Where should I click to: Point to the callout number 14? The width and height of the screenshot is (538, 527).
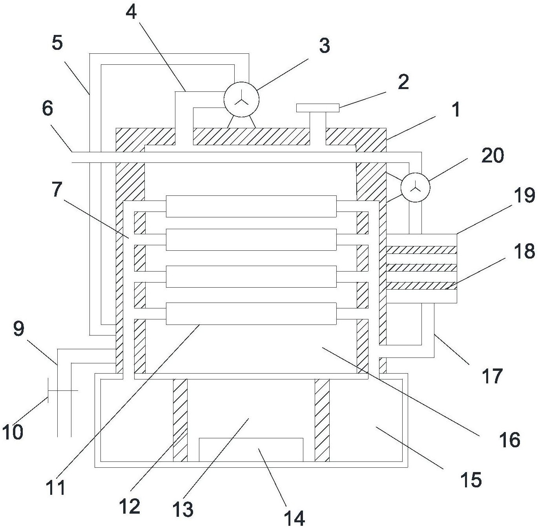[294, 518]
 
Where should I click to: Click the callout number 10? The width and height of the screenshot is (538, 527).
[13, 432]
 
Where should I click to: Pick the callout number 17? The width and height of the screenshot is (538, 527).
[492, 376]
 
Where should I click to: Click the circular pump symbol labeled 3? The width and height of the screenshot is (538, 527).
[241, 99]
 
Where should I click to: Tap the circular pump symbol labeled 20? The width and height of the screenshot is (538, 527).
[415, 188]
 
